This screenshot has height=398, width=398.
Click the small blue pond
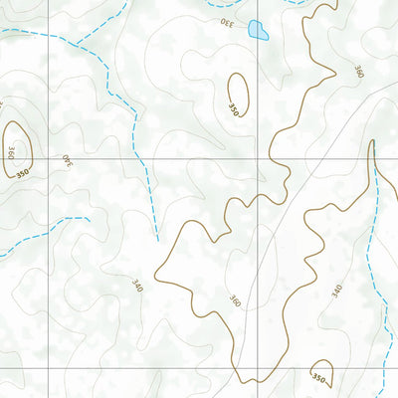point(258,30)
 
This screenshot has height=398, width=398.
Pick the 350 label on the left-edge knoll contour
point(21,173)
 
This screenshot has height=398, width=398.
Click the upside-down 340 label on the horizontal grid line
point(68,159)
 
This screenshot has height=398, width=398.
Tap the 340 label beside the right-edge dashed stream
point(336,290)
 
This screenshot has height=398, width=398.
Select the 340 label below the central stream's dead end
point(136,287)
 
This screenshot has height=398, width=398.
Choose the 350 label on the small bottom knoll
point(318,378)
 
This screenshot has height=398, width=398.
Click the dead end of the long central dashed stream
point(158,240)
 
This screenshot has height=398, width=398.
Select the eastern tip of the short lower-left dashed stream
point(89,218)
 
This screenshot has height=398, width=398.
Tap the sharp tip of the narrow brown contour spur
point(373,141)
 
